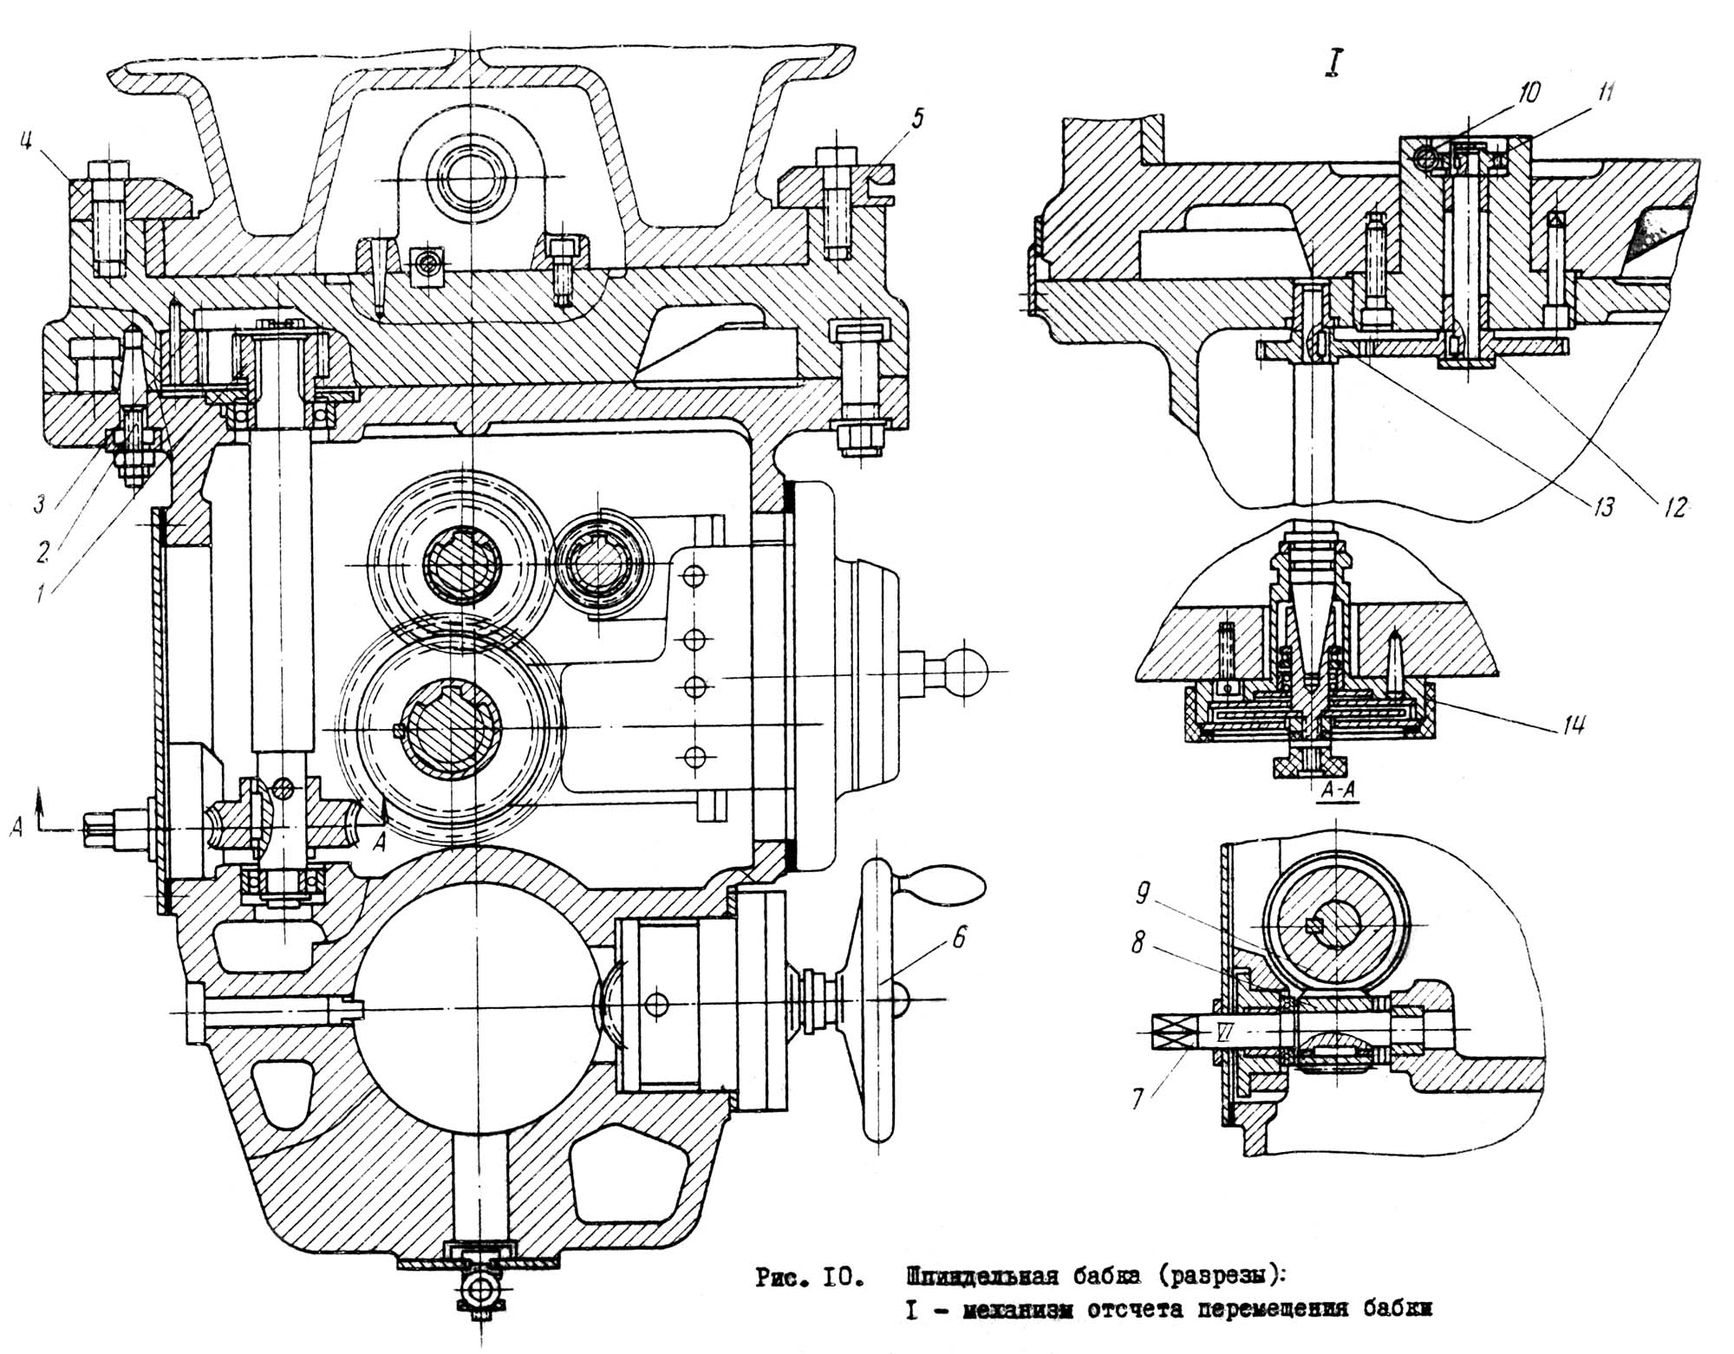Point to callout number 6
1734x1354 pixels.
pyautogui.click(x=956, y=936)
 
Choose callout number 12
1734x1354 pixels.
pyautogui.click(x=1675, y=507)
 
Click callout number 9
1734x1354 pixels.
pyautogui.click(x=1144, y=894)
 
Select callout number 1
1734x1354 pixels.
pyautogui.click(x=40, y=593)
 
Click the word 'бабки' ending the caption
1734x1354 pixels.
pyautogui.click(x=1395, y=1311)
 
